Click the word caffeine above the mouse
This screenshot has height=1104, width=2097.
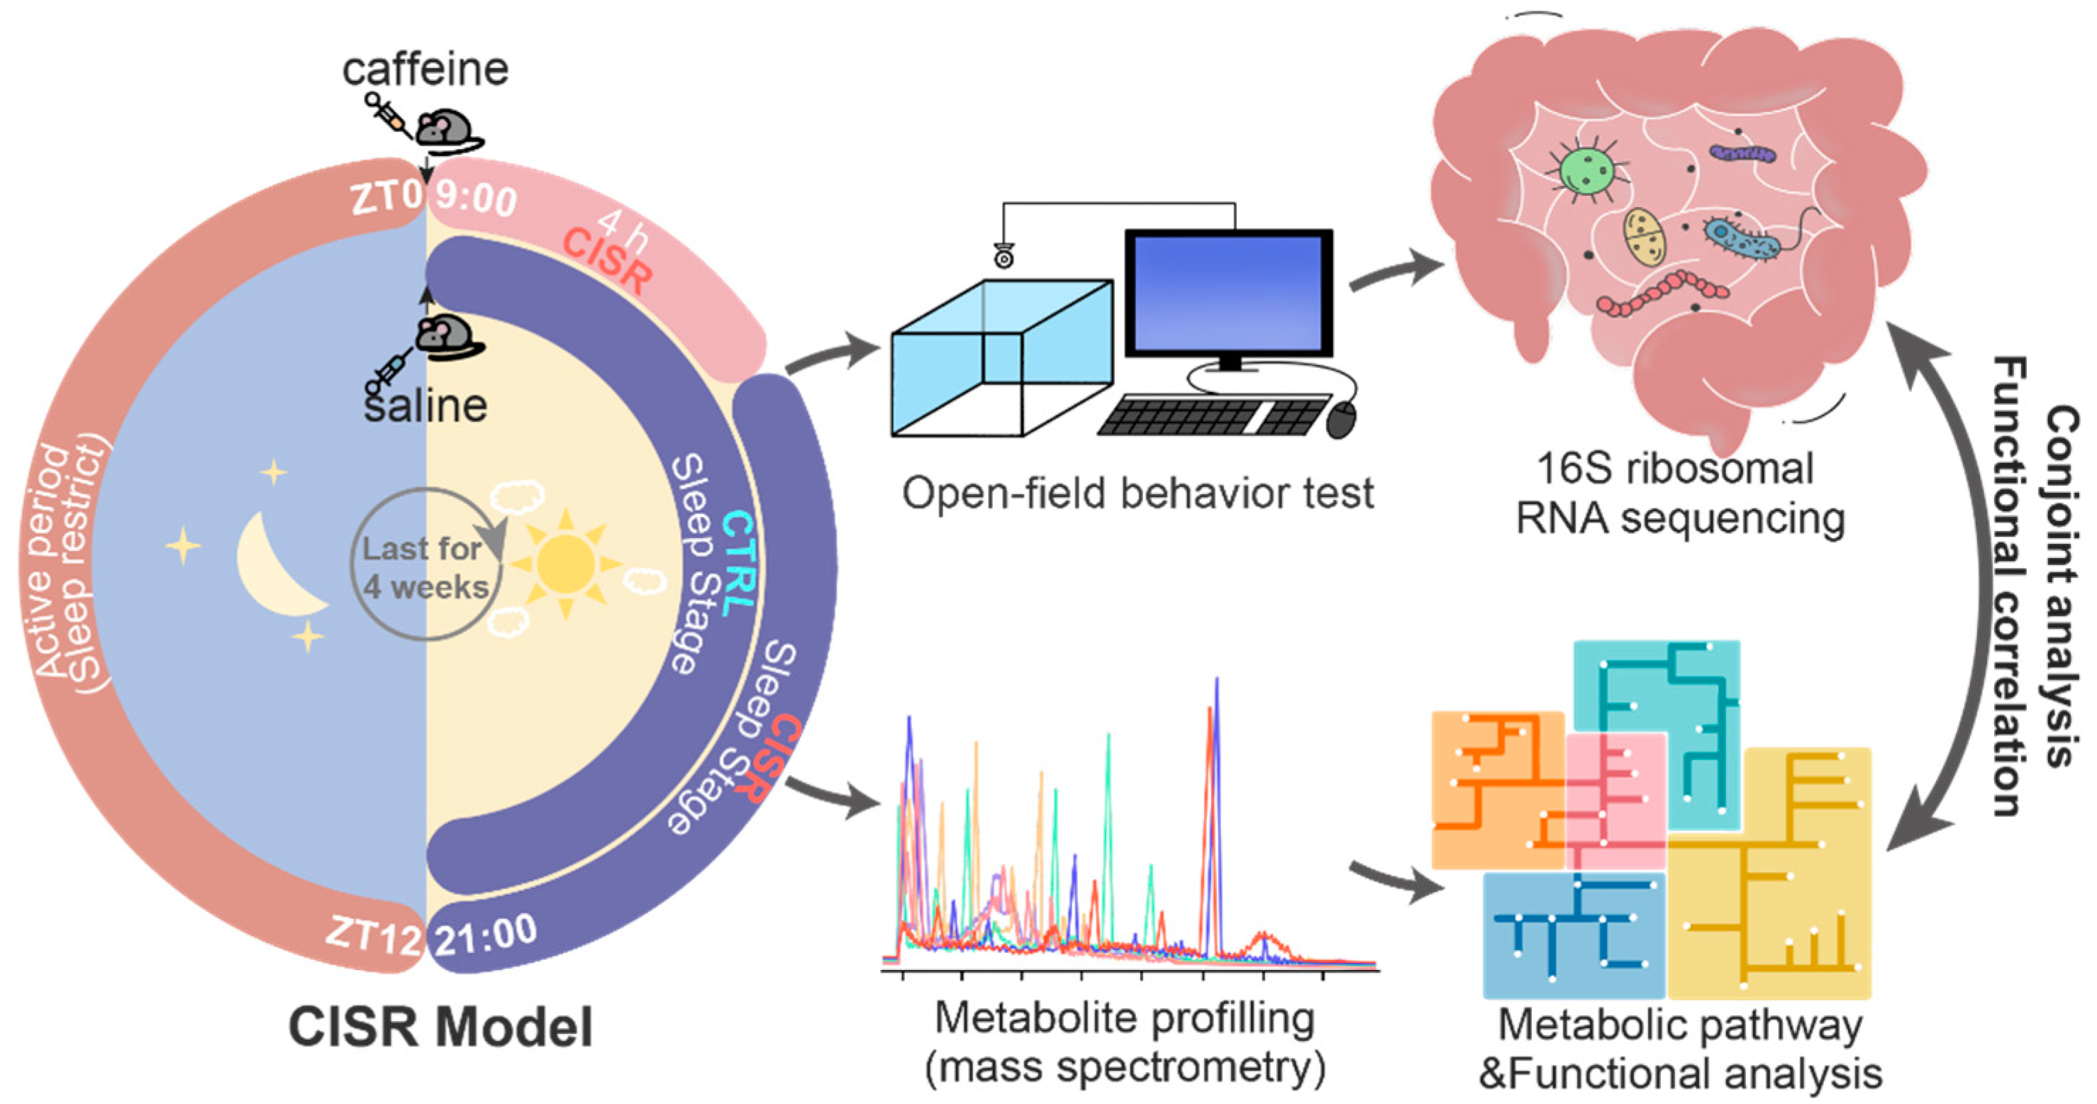click(425, 69)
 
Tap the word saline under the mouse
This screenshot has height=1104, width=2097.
click(425, 406)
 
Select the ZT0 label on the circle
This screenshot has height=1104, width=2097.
click(386, 197)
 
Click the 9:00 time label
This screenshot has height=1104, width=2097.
click(475, 198)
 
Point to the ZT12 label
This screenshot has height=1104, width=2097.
click(374, 935)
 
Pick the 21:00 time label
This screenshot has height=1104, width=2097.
click(485, 935)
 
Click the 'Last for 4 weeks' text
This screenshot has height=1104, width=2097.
click(424, 567)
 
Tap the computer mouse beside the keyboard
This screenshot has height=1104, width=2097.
click(1341, 419)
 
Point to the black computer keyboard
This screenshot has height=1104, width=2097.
click(1213, 416)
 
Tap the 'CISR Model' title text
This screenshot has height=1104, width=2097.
click(440, 1027)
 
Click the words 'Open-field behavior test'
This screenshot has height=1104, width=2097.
click(1138, 494)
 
